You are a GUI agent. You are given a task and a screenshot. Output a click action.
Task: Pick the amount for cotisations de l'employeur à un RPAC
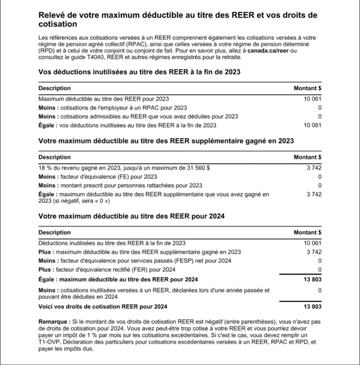point(320,107)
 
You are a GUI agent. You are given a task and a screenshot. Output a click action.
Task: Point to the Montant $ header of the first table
point(308,88)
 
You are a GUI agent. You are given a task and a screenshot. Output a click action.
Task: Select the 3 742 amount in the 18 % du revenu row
point(314,168)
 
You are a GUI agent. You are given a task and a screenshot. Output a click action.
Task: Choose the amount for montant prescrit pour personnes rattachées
point(320,185)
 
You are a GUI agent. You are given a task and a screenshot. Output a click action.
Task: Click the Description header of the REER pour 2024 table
point(54,233)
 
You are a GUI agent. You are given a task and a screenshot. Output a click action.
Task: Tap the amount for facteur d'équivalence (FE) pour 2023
point(320,177)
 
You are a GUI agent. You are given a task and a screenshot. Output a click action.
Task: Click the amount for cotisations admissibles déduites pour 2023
point(320,117)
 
